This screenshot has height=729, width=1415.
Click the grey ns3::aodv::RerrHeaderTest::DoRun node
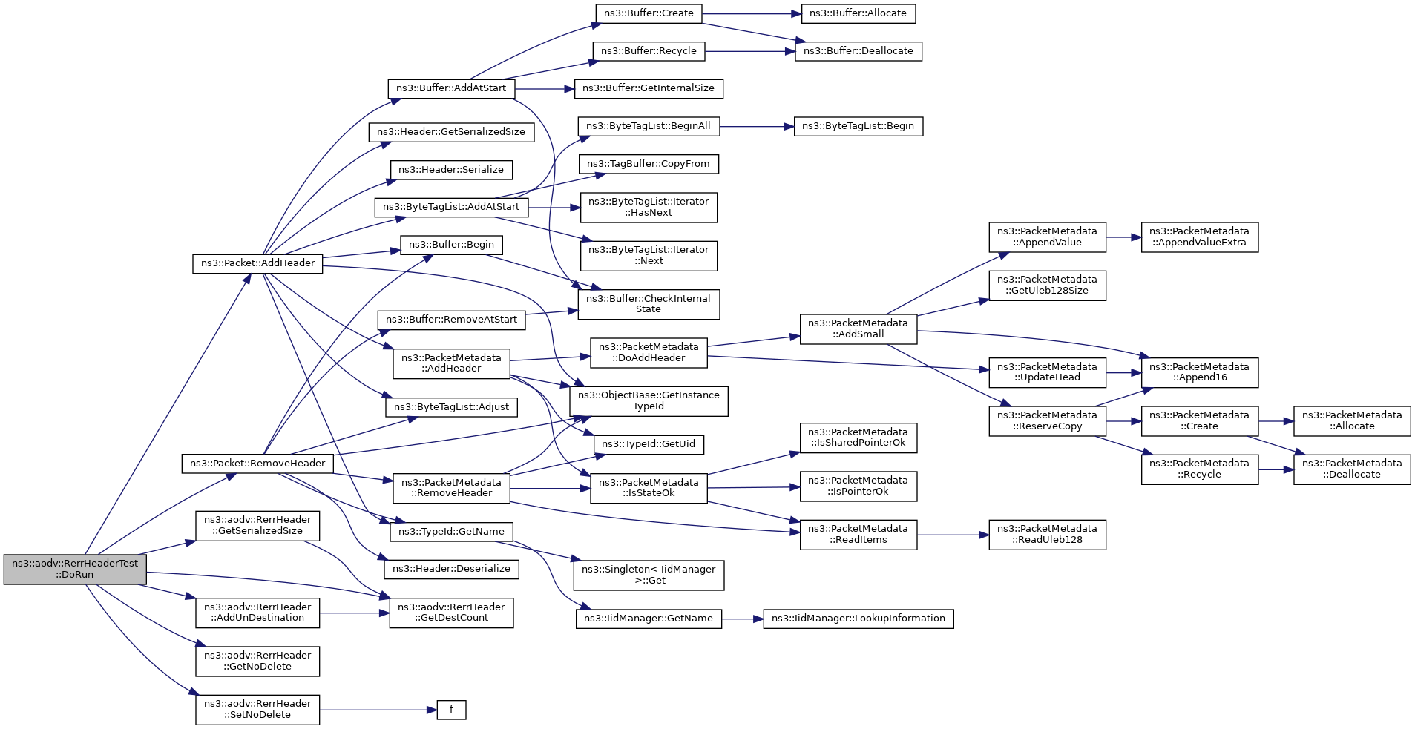75,569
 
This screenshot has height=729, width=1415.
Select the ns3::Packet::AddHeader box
257,263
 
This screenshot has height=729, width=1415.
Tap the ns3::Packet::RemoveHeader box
257,464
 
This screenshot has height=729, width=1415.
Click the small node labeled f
451,710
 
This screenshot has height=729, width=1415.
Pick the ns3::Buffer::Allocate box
858,13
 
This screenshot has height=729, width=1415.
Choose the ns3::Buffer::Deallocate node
858,51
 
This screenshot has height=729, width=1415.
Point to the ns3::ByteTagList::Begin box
858,126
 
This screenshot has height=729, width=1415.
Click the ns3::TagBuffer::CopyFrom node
649,164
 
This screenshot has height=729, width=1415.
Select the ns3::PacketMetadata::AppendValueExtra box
1200,237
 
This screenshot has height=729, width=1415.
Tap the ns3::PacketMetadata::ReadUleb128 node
1047,535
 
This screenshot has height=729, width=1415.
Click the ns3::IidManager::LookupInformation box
858,619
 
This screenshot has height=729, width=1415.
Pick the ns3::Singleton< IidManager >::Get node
649,575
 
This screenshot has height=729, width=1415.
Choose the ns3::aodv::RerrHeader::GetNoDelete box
257,662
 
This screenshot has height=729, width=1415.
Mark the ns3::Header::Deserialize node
451,569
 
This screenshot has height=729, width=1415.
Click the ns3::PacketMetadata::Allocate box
1352,421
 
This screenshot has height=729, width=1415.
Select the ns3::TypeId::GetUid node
649,444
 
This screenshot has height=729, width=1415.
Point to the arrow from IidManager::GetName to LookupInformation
743,619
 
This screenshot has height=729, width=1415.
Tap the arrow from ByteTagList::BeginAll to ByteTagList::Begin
757,126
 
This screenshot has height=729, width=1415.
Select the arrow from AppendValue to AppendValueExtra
1123,237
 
